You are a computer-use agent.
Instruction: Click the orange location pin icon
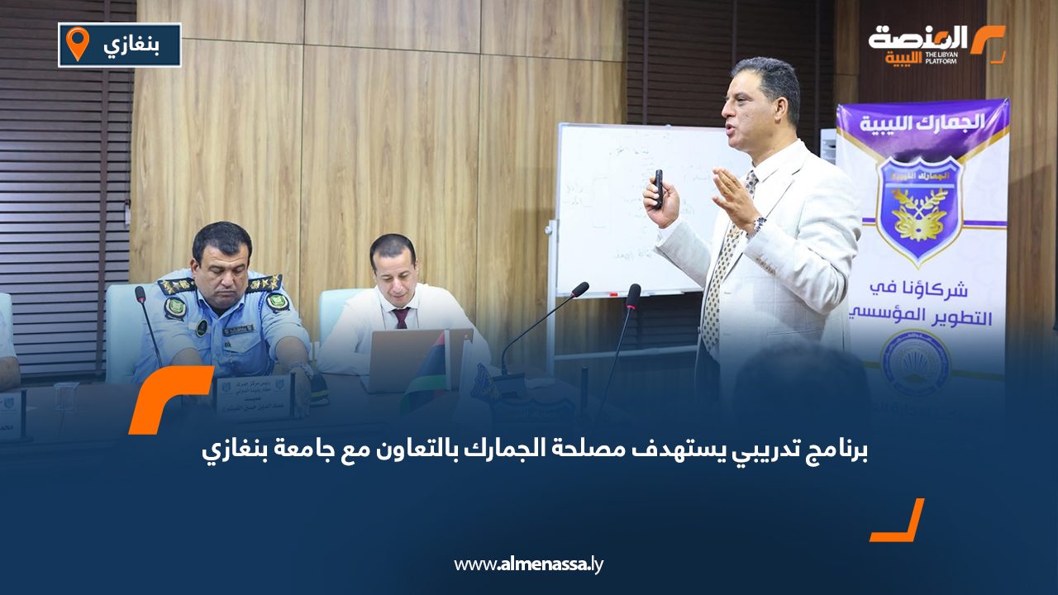(x=77, y=43)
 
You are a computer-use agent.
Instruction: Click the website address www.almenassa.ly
(x=529, y=564)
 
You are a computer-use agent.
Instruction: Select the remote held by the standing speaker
(x=658, y=188)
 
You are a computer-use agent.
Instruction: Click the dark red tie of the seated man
(x=401, y=317)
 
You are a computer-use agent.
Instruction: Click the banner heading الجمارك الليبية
(x=922, y=121)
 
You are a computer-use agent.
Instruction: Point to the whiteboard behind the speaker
(x=628, y=207)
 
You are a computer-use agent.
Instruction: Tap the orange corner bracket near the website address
(x=898, y=520)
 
